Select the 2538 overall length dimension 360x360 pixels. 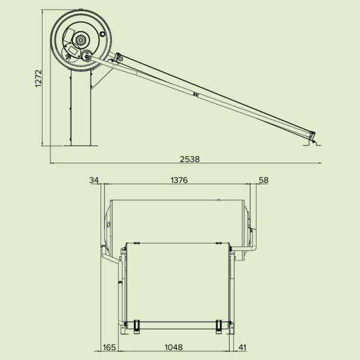[190, 159]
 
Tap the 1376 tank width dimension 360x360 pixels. [179, 180]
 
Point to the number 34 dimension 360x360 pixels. [94, 180]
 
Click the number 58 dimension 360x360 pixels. [263, 180]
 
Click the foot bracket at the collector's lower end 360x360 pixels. [314, 142]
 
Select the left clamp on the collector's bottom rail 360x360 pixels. [137, 326]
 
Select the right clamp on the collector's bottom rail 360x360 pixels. [218, 326]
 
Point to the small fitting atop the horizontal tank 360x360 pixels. [219, 199]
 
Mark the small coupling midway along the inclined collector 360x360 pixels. [197, 94]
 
